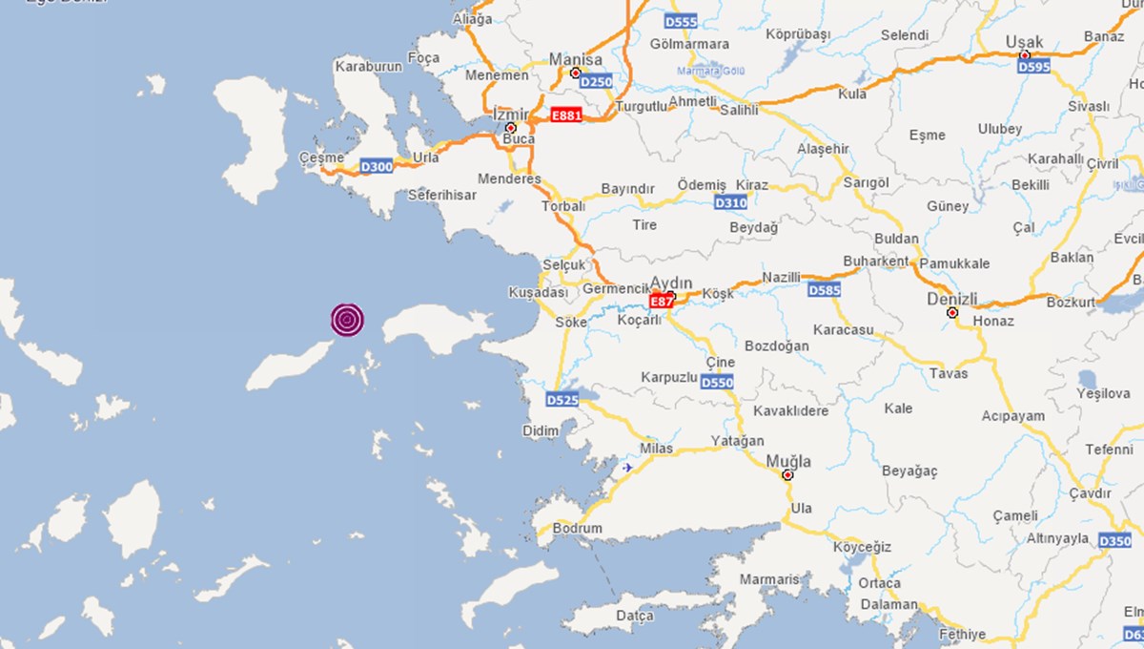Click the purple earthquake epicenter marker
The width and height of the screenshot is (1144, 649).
click(348, 320)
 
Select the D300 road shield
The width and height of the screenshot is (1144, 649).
click(377, 167)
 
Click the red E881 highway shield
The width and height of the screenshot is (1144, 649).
click(566, 115)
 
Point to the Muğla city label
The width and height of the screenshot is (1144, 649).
click(788, 461)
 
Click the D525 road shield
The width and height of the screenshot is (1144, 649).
click(562, 400)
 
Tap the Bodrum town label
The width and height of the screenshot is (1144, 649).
click(578, 529)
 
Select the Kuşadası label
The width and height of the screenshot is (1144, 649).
click(538, 292)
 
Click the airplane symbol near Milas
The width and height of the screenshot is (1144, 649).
click(626, 467)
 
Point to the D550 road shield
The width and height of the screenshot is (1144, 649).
click(717, 383)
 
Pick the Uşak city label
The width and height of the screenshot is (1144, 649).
click(1025, 42)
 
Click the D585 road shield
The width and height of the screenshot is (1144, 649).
click(825, 289)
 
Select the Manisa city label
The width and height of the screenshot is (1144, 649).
click(576, 59)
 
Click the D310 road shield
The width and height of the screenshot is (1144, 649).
click(730, 202)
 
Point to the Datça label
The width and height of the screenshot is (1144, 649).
click(635, 616)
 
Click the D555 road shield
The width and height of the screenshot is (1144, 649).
click(681, 21)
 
